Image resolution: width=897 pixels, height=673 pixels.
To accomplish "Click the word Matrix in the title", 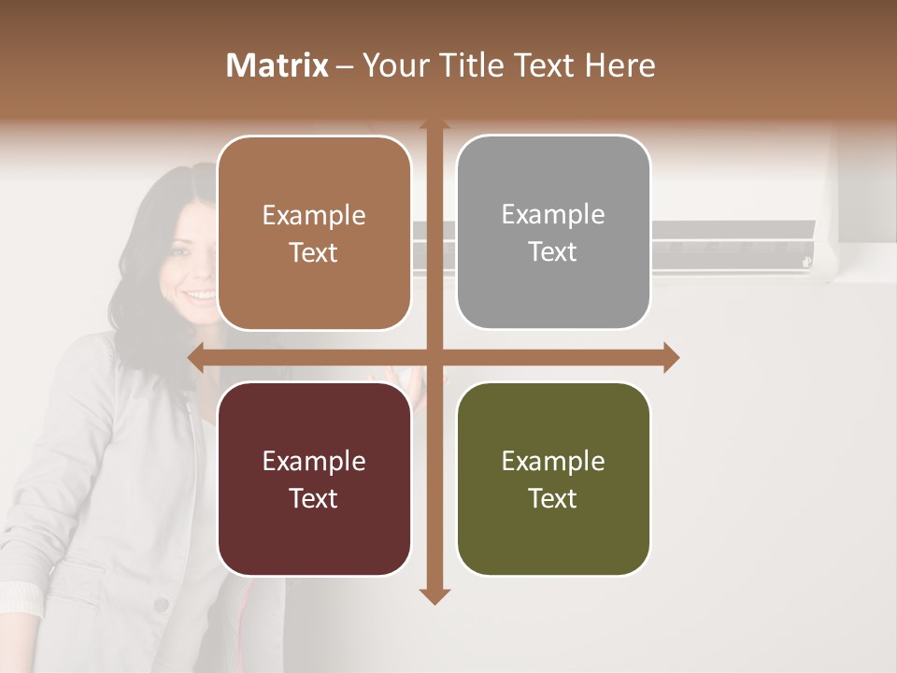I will (x=277, y=65).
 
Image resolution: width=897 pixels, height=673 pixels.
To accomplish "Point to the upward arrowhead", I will (x=434, y=125).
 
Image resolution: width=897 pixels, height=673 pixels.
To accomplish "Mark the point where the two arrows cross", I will (x=434, y=357).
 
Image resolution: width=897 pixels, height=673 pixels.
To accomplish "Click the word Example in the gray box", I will (x=553, y=214).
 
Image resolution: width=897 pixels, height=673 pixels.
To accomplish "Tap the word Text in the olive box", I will (x=553, y=498).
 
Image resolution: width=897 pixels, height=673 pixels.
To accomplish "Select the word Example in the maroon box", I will (x=314, y=461).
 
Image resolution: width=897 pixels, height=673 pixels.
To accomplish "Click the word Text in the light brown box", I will (x=314, y=252).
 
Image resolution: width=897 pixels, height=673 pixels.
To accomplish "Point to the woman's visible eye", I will (x=177, y=250).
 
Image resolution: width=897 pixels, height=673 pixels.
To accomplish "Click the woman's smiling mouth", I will (x=200, y=295).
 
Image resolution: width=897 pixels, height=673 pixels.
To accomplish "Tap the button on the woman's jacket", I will (x=163, y=605).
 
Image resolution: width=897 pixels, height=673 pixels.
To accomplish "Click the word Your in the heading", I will (x=391, y=65).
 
